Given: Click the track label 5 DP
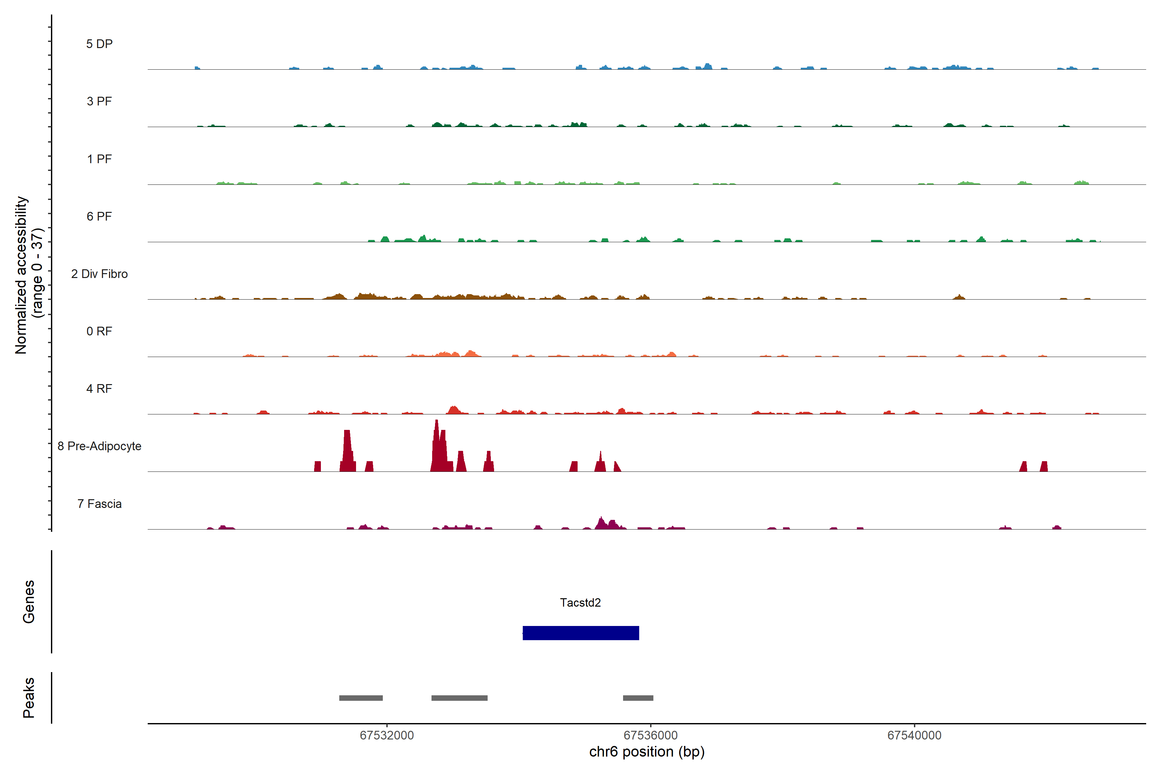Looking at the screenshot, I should (x=99, y=44).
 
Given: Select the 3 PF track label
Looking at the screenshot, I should (x=99, y=101).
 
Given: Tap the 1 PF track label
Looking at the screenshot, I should (x=99, y=159).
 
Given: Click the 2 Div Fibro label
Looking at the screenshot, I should (x=99, y=274).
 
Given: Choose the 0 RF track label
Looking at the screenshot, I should (x=99, y=331).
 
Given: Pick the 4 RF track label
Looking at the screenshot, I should (x=99, y=389).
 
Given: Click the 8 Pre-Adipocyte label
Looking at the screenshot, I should (x=99, y=446).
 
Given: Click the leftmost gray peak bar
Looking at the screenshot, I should (x=361, y=698).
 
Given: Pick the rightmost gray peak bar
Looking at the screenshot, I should (x=638, y=698).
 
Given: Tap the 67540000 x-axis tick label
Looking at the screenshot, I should (x=914, y=736).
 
